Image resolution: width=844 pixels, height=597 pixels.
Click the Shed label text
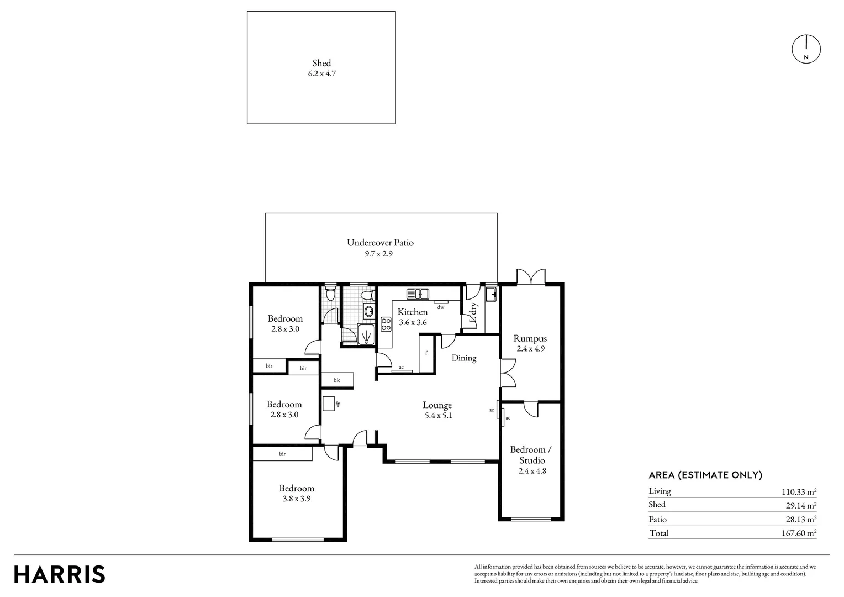pos(321,63)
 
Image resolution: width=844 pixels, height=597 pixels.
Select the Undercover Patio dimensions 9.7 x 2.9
pos(378,254)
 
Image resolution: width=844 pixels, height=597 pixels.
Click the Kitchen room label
pos(413,312)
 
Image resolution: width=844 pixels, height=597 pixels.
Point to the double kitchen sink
pos(418,293)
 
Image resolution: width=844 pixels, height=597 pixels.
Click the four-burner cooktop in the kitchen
pos(386,324)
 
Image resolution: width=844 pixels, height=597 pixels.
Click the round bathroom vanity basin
pos(368,311)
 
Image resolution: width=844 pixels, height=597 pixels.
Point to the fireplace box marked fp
pos(328,404)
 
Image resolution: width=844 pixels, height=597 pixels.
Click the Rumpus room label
pos(530,338)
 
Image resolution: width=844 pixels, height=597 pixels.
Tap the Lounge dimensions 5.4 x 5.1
pos(437,416)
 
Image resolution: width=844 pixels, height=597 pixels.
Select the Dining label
pos(463,358)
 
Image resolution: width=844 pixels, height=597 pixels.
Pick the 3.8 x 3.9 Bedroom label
pos(297,498)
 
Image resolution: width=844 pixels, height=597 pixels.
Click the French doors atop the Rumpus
pos(531,276)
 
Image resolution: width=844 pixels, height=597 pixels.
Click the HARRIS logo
pos(60,574)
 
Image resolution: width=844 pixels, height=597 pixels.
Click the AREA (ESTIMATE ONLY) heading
pos(705,475)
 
